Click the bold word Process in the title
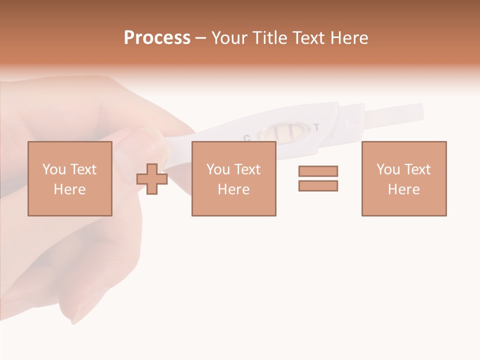click(157, 38)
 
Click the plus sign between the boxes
click(152, 179)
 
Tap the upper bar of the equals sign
click(318, 171)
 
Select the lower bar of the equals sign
click(318, 185)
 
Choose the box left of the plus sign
click(69, 178)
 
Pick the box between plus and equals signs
click(233, 178)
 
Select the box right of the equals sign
click(403, 178)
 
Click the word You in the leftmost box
click(54, 169)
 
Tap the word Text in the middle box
click(247, 169)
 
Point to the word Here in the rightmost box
click(403, 189)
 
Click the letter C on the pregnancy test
click(246, 137)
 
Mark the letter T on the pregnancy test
click(316, 127)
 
